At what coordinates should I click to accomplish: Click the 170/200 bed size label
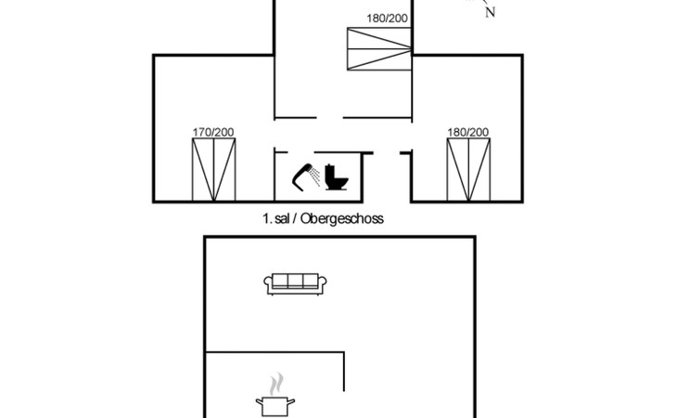coord(213,133)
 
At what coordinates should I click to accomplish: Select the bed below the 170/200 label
coord(213,170)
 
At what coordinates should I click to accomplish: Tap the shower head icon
coord(303,174)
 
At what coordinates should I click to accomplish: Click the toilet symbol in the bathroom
coord(335,176)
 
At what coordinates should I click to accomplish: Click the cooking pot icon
coord(275,406)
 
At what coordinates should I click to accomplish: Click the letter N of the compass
coord(490,12)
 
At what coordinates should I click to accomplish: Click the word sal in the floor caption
coord(282,219)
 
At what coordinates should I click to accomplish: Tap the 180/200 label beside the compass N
coord(386,18)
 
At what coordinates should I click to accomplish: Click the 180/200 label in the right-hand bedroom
coord(467,133)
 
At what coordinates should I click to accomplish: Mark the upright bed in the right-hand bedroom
coord(467,170)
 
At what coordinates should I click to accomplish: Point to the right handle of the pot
coord(292,400)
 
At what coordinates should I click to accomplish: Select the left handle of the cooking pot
coord(259,400)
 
